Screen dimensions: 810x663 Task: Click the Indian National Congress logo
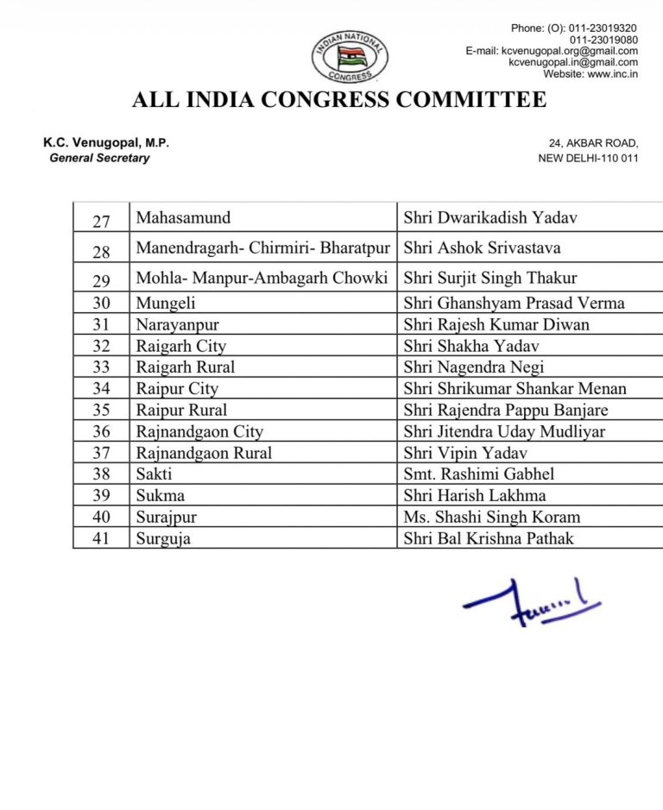350,57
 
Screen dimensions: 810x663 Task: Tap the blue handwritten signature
531,600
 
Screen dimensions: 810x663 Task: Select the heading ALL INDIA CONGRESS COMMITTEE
339,100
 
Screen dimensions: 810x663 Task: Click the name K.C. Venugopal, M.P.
106,143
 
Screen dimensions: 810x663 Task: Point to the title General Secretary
99,158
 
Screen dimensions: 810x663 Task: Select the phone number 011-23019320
603,28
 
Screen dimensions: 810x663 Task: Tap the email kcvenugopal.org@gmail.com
570,51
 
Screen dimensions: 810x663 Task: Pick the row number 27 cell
101,221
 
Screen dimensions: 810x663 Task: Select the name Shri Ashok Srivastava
482,248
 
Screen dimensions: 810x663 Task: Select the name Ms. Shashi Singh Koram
491,518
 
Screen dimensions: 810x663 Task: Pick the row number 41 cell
101,539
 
